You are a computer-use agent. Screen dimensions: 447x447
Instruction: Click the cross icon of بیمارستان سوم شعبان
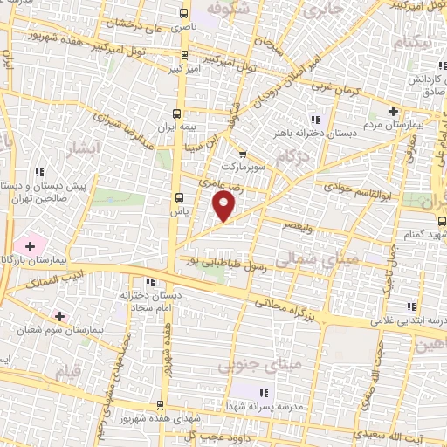pos(58,315)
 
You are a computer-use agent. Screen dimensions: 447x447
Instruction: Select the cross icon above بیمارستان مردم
pos(394,111)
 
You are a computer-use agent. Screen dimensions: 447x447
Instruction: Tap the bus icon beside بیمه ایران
pos(178,113)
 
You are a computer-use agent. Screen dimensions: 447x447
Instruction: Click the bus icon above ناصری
pos(182,13)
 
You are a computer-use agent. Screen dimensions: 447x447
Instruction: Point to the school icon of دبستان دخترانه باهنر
pos(315,120)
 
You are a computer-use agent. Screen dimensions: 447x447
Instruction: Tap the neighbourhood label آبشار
pos(85,149)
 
